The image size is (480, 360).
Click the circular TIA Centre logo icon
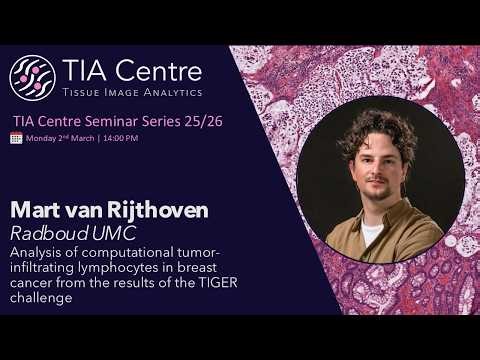32,77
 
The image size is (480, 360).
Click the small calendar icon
16,137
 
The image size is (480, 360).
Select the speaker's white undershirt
373,235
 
